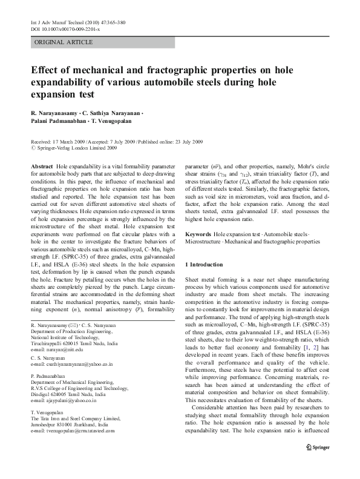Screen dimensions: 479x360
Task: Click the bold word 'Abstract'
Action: tap(42, 165)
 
